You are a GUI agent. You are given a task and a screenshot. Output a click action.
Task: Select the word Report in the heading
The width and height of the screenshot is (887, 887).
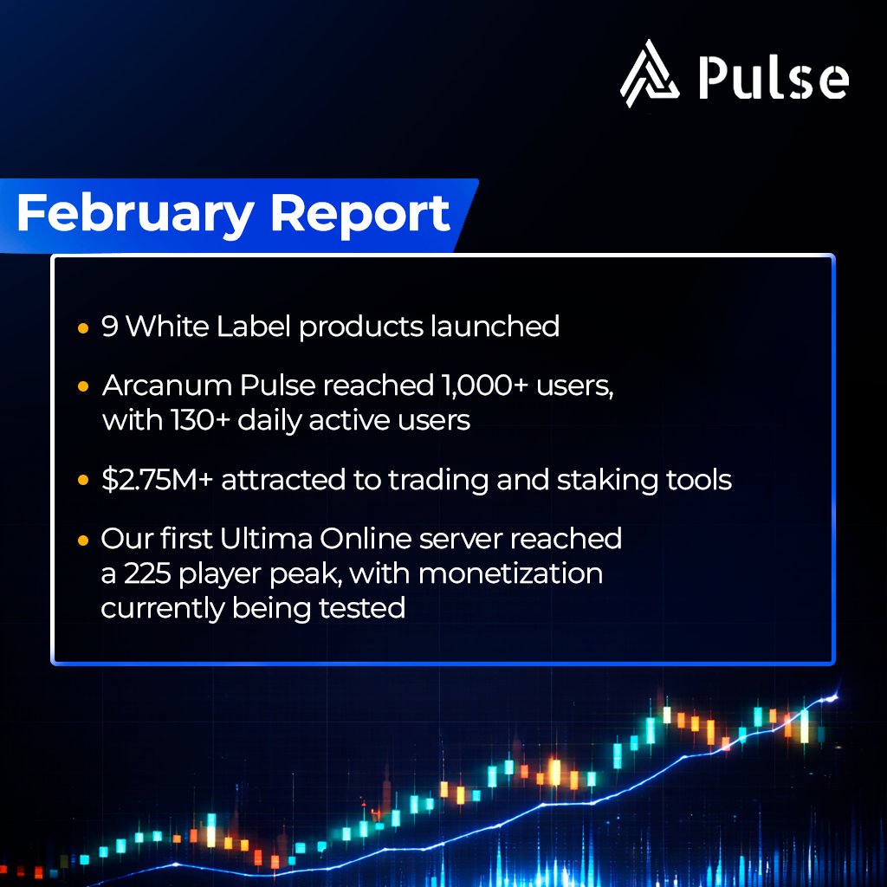coord(360,214)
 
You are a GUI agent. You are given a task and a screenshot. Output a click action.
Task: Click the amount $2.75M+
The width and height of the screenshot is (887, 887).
coord(156,479)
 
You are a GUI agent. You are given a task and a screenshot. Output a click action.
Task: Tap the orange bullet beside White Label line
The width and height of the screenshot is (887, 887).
coord(82,329)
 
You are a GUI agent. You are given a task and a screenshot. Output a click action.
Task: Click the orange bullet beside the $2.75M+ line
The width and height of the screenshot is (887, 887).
coord(82,480)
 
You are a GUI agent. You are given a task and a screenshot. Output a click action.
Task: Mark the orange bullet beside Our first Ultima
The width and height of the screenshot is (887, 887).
coord(82,540)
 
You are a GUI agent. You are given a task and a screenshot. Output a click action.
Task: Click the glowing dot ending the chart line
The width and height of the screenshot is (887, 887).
coord(835,696)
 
